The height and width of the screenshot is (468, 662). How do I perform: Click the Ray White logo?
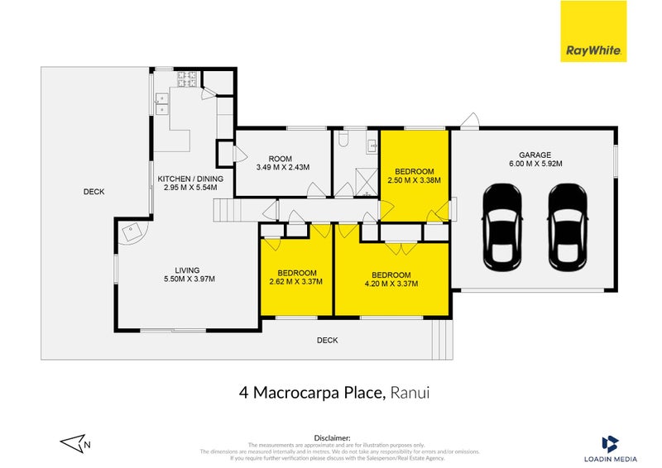594,31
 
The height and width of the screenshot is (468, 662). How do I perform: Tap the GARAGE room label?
535,154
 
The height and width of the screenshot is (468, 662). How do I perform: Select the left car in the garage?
502,227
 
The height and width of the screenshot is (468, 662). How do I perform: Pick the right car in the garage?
567,227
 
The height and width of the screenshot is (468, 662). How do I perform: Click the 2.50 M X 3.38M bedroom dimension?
414,179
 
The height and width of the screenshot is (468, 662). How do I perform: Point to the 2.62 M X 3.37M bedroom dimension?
296,282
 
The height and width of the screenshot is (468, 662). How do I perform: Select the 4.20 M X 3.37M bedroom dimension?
391,284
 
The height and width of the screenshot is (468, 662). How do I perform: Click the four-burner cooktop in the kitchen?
185,79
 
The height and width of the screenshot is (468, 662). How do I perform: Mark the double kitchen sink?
161,103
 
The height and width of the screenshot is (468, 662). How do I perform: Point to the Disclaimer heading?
332,437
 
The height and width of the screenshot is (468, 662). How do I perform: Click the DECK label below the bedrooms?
327,340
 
